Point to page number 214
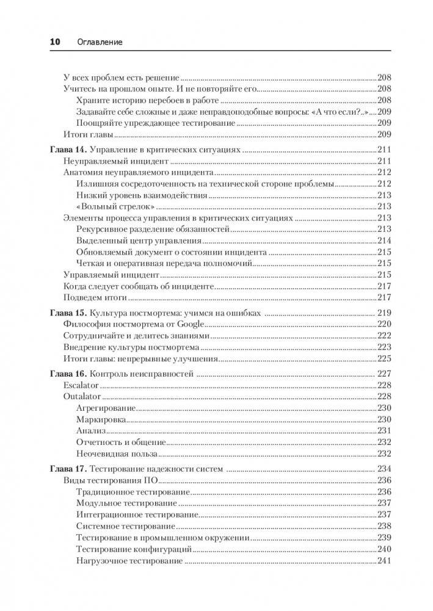384,240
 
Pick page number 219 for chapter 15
384,313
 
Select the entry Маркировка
101,419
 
